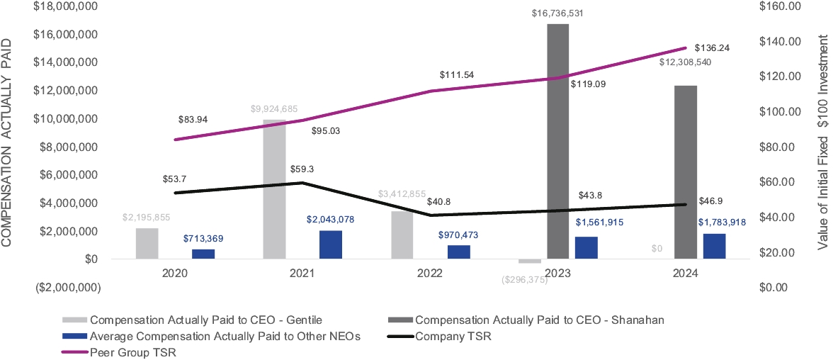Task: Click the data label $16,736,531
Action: point(558,13)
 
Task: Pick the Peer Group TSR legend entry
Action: point(127,352)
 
